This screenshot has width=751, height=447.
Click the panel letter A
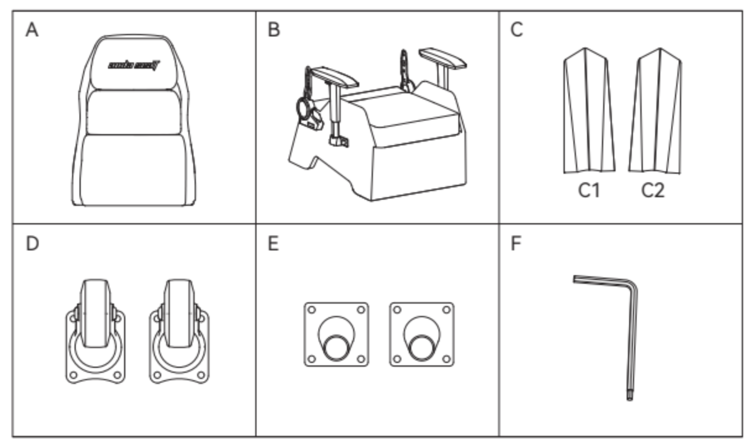pos(32,30)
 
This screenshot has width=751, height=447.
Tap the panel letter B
pos(273,30)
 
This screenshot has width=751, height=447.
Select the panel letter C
pos(516,30)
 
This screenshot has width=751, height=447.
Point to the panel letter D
pos(32,243)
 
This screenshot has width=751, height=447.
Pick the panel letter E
pos(273,243)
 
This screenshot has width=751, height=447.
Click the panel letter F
pos(515,243)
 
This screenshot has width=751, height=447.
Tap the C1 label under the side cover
pos(589,190)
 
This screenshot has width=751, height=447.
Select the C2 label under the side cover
pos(653,190)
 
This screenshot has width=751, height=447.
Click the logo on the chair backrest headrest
pos(134,65)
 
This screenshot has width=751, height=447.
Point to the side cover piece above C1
pos(588,111)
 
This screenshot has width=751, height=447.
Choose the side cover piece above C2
pos(655,111)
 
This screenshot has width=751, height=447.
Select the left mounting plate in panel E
pos(336,335)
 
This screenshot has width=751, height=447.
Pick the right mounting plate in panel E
pos(422,335)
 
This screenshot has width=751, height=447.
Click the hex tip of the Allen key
pos(629,396)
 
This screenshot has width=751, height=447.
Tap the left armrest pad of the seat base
pos(334,76)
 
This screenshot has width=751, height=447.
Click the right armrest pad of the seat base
pos(442,58)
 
